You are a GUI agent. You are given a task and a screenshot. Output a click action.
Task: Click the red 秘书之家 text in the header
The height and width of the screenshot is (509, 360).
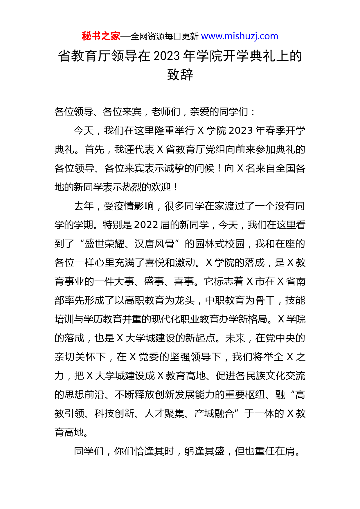(x=101, y=36)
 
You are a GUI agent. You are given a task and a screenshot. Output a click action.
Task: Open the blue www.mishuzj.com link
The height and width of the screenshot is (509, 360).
(x=240, y=36)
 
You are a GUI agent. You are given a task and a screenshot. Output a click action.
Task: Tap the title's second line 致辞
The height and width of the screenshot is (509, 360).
(x=180, y=75)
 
